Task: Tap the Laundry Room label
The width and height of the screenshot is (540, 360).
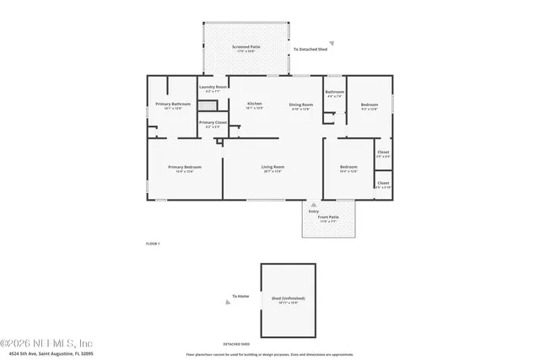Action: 213,88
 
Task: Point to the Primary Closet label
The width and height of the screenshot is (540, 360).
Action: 213,124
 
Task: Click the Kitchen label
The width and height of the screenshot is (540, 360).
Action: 254,105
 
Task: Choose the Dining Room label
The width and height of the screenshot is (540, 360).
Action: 301,105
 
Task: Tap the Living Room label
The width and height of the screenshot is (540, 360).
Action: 273,168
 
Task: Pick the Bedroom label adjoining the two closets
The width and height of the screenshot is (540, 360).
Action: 348,168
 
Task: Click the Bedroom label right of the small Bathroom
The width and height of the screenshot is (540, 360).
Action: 369,105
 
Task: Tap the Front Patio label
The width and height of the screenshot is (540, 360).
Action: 328,218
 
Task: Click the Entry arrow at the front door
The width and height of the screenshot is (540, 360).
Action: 314,204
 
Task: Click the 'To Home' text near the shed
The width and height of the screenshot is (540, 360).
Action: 241,297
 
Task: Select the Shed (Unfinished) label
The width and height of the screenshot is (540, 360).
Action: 289,299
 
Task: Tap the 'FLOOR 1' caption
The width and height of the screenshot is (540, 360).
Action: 153,244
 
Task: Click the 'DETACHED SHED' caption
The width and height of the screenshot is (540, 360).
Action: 236,344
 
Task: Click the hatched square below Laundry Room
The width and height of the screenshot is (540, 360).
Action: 213,105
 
